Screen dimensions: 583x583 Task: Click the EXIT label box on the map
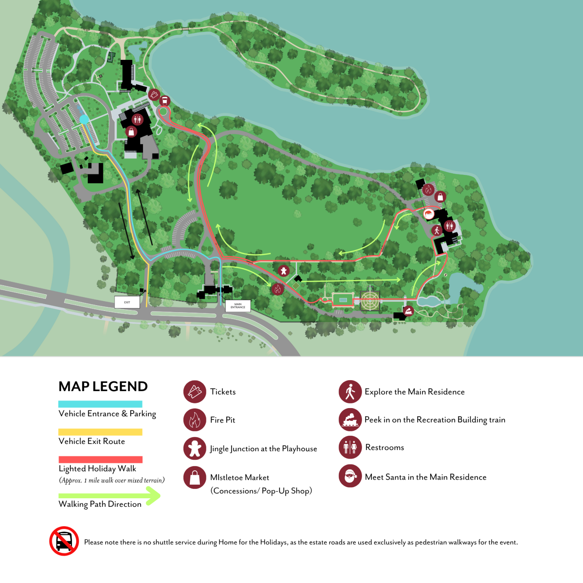[127, 302]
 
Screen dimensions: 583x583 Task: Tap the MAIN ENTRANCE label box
[238, 306]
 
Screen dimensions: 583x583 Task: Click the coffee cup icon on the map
[164, 101]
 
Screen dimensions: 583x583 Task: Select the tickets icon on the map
[154, 94]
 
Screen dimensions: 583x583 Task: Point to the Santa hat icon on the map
[429, 214]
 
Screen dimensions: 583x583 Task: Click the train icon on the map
[408, 311]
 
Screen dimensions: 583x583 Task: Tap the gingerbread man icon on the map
[284, 271]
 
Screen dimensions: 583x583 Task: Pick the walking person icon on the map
[437, 230]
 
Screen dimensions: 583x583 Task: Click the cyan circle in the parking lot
[84, 119]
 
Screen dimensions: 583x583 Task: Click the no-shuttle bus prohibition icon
[64, 541]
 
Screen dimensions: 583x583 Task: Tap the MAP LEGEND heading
[103, 386]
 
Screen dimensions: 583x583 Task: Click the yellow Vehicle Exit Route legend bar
[100, 432]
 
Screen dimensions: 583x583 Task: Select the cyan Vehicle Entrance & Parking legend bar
[100, 404]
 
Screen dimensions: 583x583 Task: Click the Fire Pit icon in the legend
[195, 420]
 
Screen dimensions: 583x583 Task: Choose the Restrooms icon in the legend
[350, 447]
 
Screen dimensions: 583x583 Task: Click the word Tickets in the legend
[223, 392]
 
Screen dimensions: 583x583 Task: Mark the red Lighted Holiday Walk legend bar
[100, 459]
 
